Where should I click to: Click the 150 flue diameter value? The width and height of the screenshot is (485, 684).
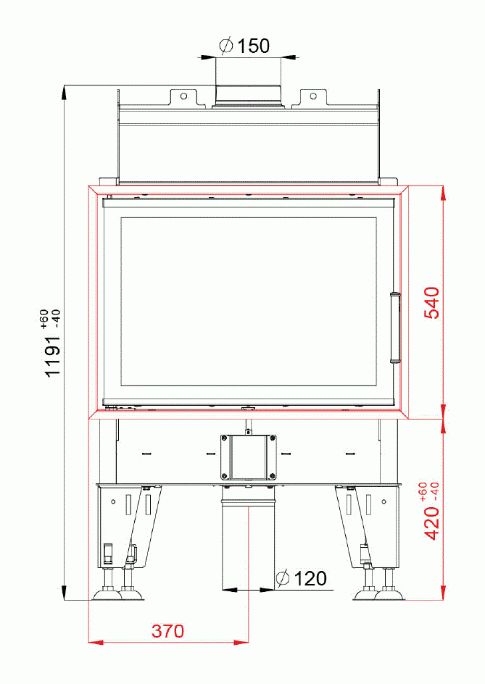coord(254,46)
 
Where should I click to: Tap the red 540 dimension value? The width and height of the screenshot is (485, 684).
coord(431,305)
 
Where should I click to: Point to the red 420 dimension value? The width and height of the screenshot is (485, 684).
coord(431,523)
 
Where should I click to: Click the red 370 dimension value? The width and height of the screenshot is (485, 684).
coord(167,631)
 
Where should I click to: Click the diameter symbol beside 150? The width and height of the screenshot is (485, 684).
coord(226,46)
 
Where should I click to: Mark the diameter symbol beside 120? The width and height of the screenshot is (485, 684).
coord(283,578)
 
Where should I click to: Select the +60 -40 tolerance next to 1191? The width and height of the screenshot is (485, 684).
coord(50,319)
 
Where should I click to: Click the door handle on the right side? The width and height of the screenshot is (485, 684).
coord(394,326)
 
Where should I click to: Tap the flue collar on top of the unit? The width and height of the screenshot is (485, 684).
coord(247,96)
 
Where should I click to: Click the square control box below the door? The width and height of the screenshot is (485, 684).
coord(248,456)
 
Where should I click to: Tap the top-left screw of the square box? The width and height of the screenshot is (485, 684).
coord(224,438)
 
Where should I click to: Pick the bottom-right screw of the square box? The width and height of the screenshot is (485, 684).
coord(272,475)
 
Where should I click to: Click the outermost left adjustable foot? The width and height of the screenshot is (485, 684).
coord(109,591)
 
